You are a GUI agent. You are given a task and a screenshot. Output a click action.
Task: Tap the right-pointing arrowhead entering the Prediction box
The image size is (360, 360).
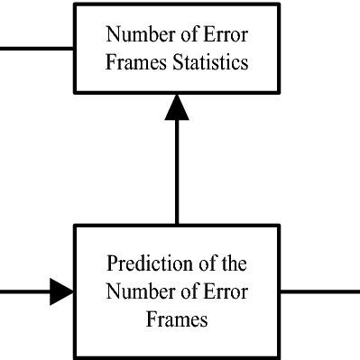(62, 291)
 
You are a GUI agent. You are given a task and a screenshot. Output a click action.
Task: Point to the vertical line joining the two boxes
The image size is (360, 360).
(177, 171)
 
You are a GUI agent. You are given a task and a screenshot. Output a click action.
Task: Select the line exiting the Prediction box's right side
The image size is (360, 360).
(320, 291)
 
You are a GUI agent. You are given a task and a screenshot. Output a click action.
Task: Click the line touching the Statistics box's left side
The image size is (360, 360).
(36, 47)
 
